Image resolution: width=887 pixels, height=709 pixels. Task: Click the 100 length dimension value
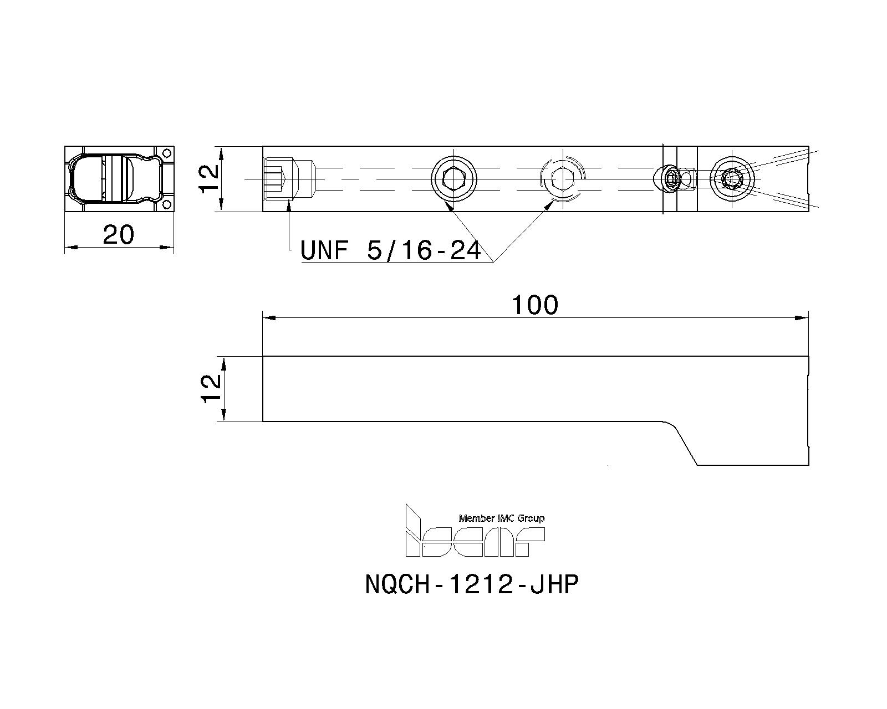click(x=534, y=305)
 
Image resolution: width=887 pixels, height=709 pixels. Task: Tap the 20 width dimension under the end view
click(x=119, y=235)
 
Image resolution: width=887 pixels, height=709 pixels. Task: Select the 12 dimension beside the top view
click(x=210, y=178)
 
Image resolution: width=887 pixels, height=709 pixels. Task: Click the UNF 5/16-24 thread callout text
click(x=390, y=251)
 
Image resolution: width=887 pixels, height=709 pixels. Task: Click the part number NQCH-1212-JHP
click(x=472, y=584)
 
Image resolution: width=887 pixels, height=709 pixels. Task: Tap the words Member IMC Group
click(x=501, y=518)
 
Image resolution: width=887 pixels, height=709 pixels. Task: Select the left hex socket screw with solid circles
click(x=454, y=178)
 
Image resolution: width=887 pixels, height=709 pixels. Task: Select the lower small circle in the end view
click(x=166, y=205)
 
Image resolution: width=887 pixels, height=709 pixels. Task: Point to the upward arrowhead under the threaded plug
click(x=289, y=207)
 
